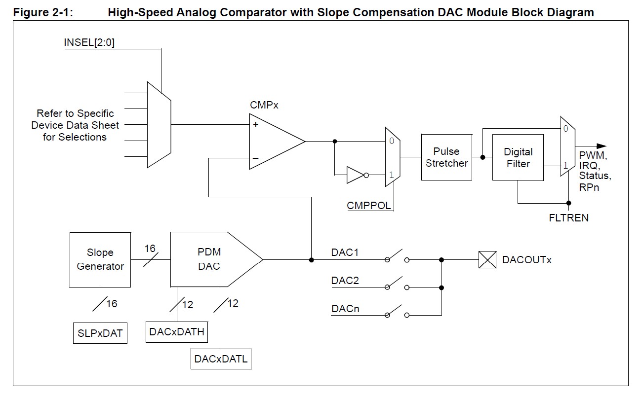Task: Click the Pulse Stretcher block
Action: point(446,157)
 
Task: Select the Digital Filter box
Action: point(518,157)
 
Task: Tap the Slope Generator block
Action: point(100,259)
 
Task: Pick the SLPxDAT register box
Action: point(100,333)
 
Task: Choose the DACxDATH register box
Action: point(177,331)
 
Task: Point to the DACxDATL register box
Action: point(220,359)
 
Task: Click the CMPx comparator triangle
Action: point(274,142)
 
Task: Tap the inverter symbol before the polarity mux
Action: point(356,175)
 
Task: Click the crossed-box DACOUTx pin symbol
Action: point(487,259)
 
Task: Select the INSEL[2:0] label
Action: point(89,42)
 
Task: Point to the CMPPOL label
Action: point(369,206)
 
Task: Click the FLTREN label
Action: point(568,217)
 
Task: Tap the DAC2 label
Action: point(345,281)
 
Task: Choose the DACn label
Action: point(345,309)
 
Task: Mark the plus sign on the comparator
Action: point(256,125)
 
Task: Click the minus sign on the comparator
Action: point(256,158)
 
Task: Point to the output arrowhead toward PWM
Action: point(601,146)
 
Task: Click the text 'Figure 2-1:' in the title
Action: point(43,12)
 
